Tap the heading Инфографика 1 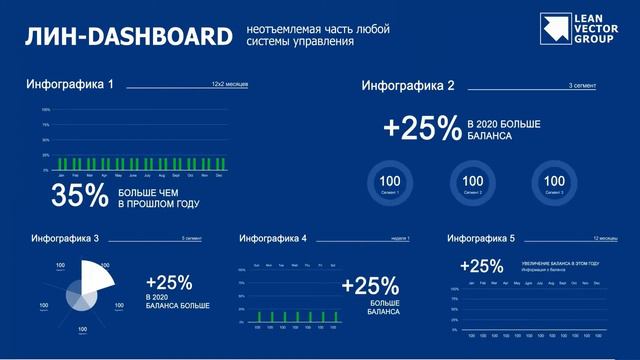click(x=70, y=84)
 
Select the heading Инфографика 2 click(x=408, y=85)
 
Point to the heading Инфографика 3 click(x=65, y=239)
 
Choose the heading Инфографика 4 click(x=273, y=239)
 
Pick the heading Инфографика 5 click(x=481, y=239)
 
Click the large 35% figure click(x=79, y=196)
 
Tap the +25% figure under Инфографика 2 click(x=421, y=129)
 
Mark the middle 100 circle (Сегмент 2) click(x=472, y=181)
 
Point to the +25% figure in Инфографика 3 click(x=168, y=282)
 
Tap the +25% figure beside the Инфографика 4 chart click(x=363, y=285)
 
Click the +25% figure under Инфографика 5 click(x=481, y=266)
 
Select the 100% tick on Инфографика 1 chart click(x=45, y=109)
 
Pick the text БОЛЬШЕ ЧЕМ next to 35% click(x=149, y=190)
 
